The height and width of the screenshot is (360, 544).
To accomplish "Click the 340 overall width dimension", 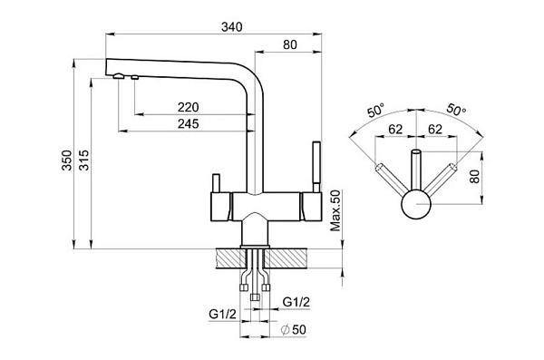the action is click(x=232, y=27).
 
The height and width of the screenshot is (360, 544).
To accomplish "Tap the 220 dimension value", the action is click(x=188, y=107).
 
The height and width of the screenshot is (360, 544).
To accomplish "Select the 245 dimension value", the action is click(x=188, y=123).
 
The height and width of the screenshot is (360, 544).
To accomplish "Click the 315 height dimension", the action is click(x=84, y=160).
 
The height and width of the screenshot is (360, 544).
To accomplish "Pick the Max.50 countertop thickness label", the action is click(x=335, y=210).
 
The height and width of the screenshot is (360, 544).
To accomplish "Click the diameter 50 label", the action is click(x=294, y=330).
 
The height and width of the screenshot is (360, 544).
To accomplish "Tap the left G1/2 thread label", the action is click(x=222, y=314).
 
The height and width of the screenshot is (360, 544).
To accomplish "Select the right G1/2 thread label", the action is click(x=296, y=302).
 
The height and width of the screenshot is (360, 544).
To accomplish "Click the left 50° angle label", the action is click(x=376, y=111).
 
